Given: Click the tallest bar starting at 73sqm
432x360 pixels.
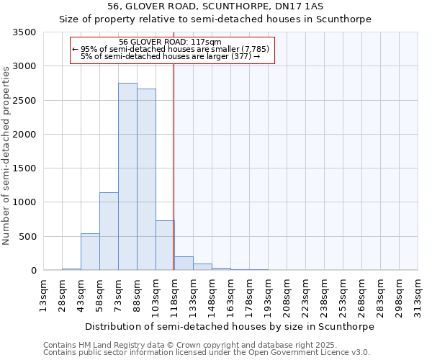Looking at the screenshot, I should click(127, 176).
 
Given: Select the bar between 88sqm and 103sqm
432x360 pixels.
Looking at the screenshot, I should click(146, 179).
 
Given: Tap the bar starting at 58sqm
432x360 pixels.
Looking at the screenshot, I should click(109, 231).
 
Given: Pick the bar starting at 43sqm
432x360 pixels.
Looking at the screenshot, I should click(90, 252).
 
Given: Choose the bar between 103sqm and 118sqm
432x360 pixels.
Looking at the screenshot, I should click(165, 246).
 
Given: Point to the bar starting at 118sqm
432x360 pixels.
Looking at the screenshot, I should click(184, 264).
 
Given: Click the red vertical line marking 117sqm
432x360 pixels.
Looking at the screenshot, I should click(174, 166).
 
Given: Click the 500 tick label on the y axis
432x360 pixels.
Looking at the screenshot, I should click(28, 236).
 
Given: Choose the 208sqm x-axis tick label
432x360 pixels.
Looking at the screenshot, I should click(287, 295).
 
